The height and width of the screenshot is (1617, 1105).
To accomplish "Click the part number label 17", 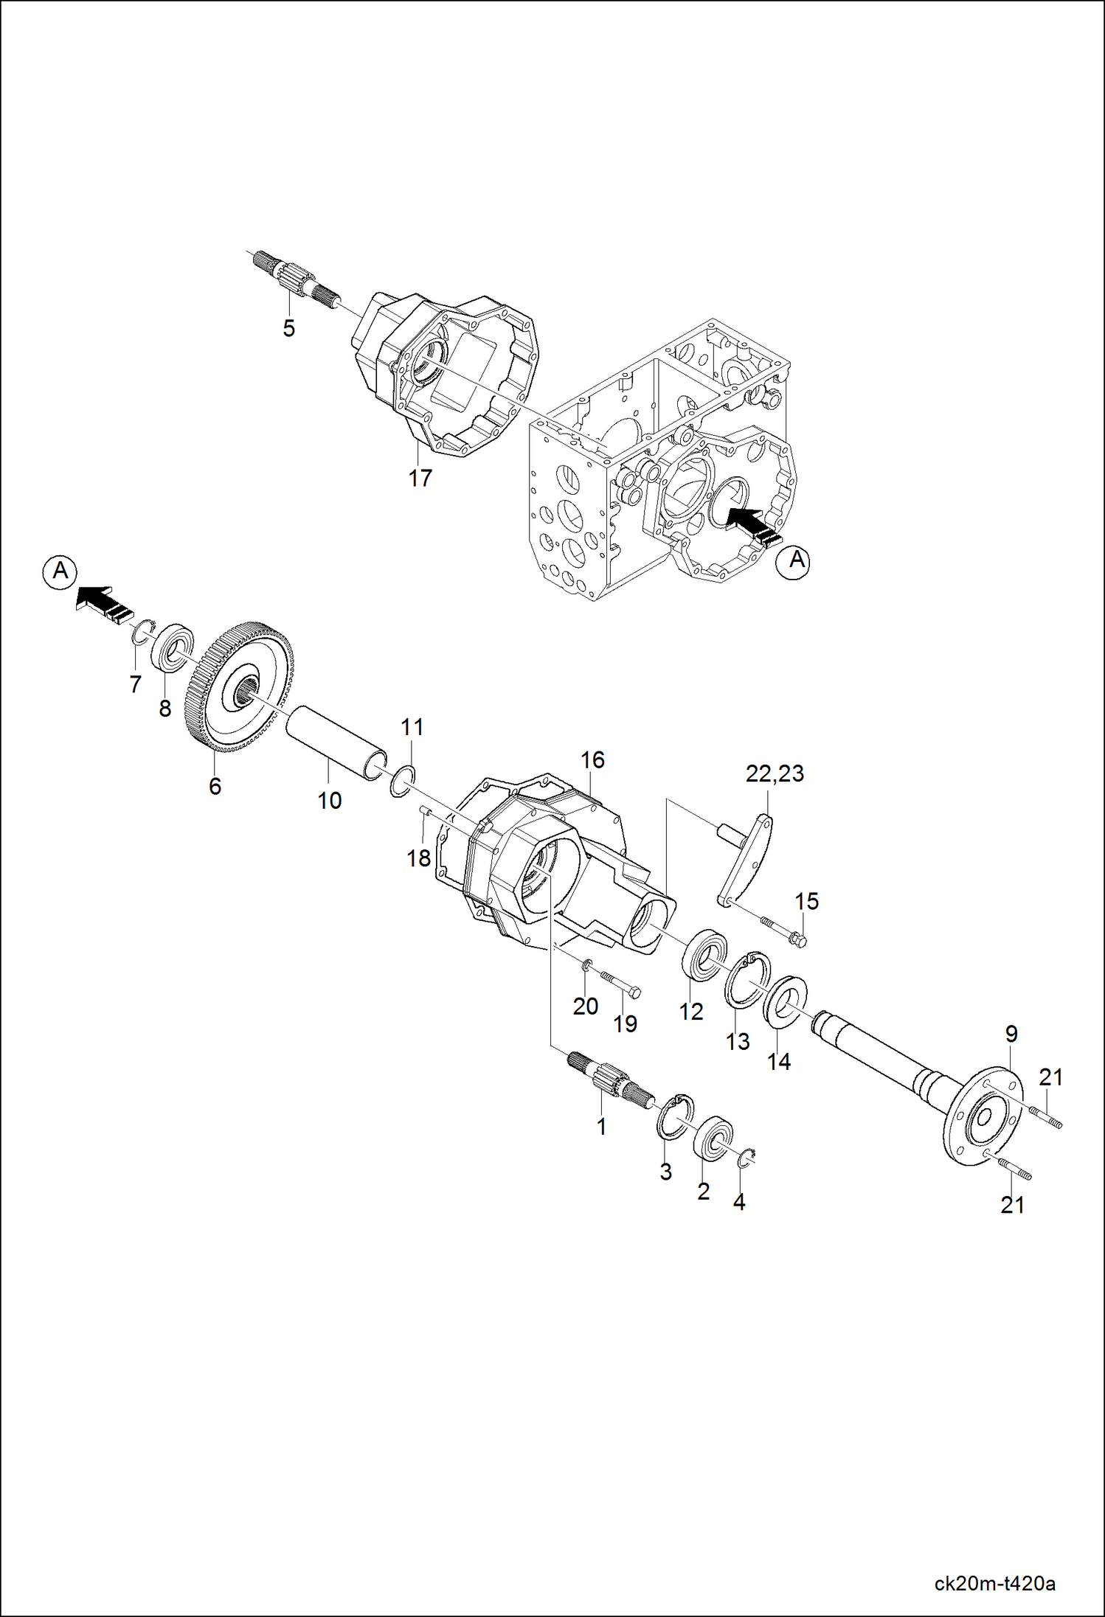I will pyautogui.click(x=420, y=478).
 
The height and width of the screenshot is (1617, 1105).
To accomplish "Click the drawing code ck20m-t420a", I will pyautogui.click(x=994, y=1584).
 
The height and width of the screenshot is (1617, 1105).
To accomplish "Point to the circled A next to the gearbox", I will pyautogui.click(x=793, y=562).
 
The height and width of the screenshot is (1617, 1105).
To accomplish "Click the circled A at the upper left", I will pyautogui.click(x=60, y=571).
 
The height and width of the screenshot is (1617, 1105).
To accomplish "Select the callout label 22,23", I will pyautogui.click(x=775, y=773).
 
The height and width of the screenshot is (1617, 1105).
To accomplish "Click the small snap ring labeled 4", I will pyautogui.click(x=747, y=1158).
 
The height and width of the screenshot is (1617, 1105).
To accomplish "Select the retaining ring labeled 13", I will pyautogui.click(x=747, y=979).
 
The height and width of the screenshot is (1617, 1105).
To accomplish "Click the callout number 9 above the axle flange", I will pyautogui.click(x=1011, y=1034).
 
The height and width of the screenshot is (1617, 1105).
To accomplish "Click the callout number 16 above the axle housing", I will pyautogui.click(x=592, y=759).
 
